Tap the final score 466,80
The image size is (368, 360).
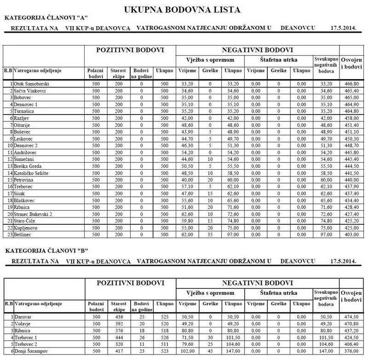pos(352,84)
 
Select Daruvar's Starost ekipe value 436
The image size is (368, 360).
pos(119,317)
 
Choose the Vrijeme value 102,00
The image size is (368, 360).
pos(187,351)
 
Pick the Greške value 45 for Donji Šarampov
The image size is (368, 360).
pos(210,351)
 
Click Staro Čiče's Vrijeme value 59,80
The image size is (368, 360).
pos(187,220)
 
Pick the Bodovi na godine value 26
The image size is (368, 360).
pos(141,337)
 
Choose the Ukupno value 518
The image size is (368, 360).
pos(164,330)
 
